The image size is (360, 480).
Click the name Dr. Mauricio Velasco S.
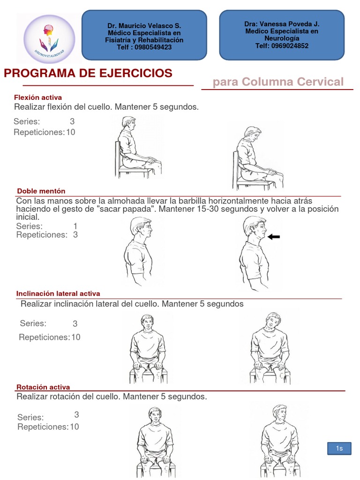pyautogui.click(x=144, y=26)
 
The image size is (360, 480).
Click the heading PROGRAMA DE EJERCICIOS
pyautogui.click(x=88, y=73)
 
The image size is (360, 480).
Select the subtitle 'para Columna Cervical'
pyautogui.click(x=278, y=82)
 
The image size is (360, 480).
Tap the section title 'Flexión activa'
pyautogui.click(x=38, y=97)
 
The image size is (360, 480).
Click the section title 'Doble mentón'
pyautogui.click(x=41, y=191)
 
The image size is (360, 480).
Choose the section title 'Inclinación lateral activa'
pyautogui.click(x=58, y=293)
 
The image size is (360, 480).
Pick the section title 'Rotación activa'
pyautogui.click(x=43, y=387)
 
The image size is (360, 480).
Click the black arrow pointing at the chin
pyautogui.click(x=273, y=237)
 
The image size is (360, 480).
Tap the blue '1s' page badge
pyautogui.click(x=339, y=449)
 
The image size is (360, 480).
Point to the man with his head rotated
pyautogui.click(x=280, y=441)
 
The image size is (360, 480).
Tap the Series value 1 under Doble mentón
pyautogui.click(x=75, y=226)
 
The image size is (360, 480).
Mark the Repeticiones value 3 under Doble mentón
pyautogui.click(x=75, y=235)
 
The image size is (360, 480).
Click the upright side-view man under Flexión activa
pyautogui.click(x=136, y=147)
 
